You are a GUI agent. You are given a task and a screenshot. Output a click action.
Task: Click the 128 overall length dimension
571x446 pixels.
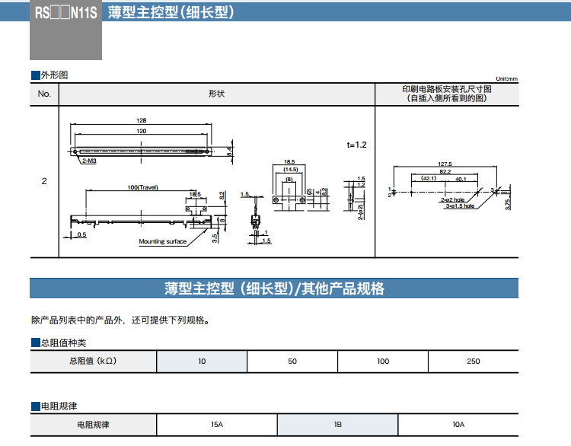coord(142,120)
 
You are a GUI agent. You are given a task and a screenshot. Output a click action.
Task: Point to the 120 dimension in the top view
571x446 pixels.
coord(142,131)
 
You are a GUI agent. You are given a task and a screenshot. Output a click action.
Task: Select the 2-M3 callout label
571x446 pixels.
coord(88,161)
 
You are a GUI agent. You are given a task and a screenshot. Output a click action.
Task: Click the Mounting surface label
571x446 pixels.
coord(162,241)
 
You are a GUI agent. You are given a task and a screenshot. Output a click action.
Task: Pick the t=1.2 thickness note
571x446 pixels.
coord(356,145)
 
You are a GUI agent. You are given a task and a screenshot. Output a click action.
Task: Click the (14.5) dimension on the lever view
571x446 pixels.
coord(290,169)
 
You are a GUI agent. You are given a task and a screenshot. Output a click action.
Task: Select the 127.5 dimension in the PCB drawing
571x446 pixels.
coord(445,164)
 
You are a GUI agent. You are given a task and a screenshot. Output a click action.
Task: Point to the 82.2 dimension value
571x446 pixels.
coord(445,172)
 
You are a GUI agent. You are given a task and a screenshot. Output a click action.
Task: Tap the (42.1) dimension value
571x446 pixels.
coord(427,180)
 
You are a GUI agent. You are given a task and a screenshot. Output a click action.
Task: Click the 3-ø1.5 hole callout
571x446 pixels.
coord(459,205)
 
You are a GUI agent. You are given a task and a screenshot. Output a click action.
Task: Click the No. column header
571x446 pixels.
coord(44,94)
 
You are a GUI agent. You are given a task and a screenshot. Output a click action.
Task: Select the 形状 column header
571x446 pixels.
coord(216,94)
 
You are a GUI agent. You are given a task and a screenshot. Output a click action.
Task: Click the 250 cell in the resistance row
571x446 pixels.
coord(473,361)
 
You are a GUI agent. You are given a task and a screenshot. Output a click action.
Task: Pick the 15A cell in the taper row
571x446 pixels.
coord(216,424)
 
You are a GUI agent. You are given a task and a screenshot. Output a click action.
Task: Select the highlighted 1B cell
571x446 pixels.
coord(337,424)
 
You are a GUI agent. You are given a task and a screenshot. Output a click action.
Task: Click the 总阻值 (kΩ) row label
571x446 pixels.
coord(93,361)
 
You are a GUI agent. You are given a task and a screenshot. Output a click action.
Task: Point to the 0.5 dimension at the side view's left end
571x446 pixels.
coord(81,235)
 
